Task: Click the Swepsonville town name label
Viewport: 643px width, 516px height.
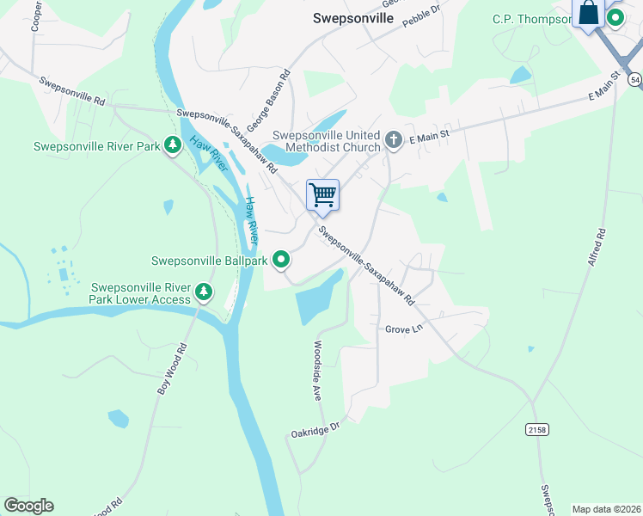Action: [x=352, y=17]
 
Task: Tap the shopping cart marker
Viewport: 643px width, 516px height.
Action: [x=322, y=194]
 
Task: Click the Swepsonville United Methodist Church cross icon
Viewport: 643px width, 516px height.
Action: [x=394, y=140]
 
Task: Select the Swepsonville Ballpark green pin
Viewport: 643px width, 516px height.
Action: [x=281, y=258]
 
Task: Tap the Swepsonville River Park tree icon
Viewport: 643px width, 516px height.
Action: [x=173, y=145]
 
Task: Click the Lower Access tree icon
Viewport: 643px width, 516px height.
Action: [x=204, y=293]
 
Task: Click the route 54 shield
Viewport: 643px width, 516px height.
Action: [x=634, y=79]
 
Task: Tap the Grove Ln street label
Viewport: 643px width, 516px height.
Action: [x=404, y=329]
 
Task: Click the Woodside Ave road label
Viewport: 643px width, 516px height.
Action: [x=317, y=370]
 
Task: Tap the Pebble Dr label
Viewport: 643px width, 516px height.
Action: [x=421, y=14]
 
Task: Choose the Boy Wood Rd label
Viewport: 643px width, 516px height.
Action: [x=171, y=370]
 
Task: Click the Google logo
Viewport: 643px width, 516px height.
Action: [x=28, y=506]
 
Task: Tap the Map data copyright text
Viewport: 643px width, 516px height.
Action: [x=607, y=509]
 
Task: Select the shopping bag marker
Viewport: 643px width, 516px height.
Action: [x=589, y=14]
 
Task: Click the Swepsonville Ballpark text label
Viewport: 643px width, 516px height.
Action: [x=210, y=260]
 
